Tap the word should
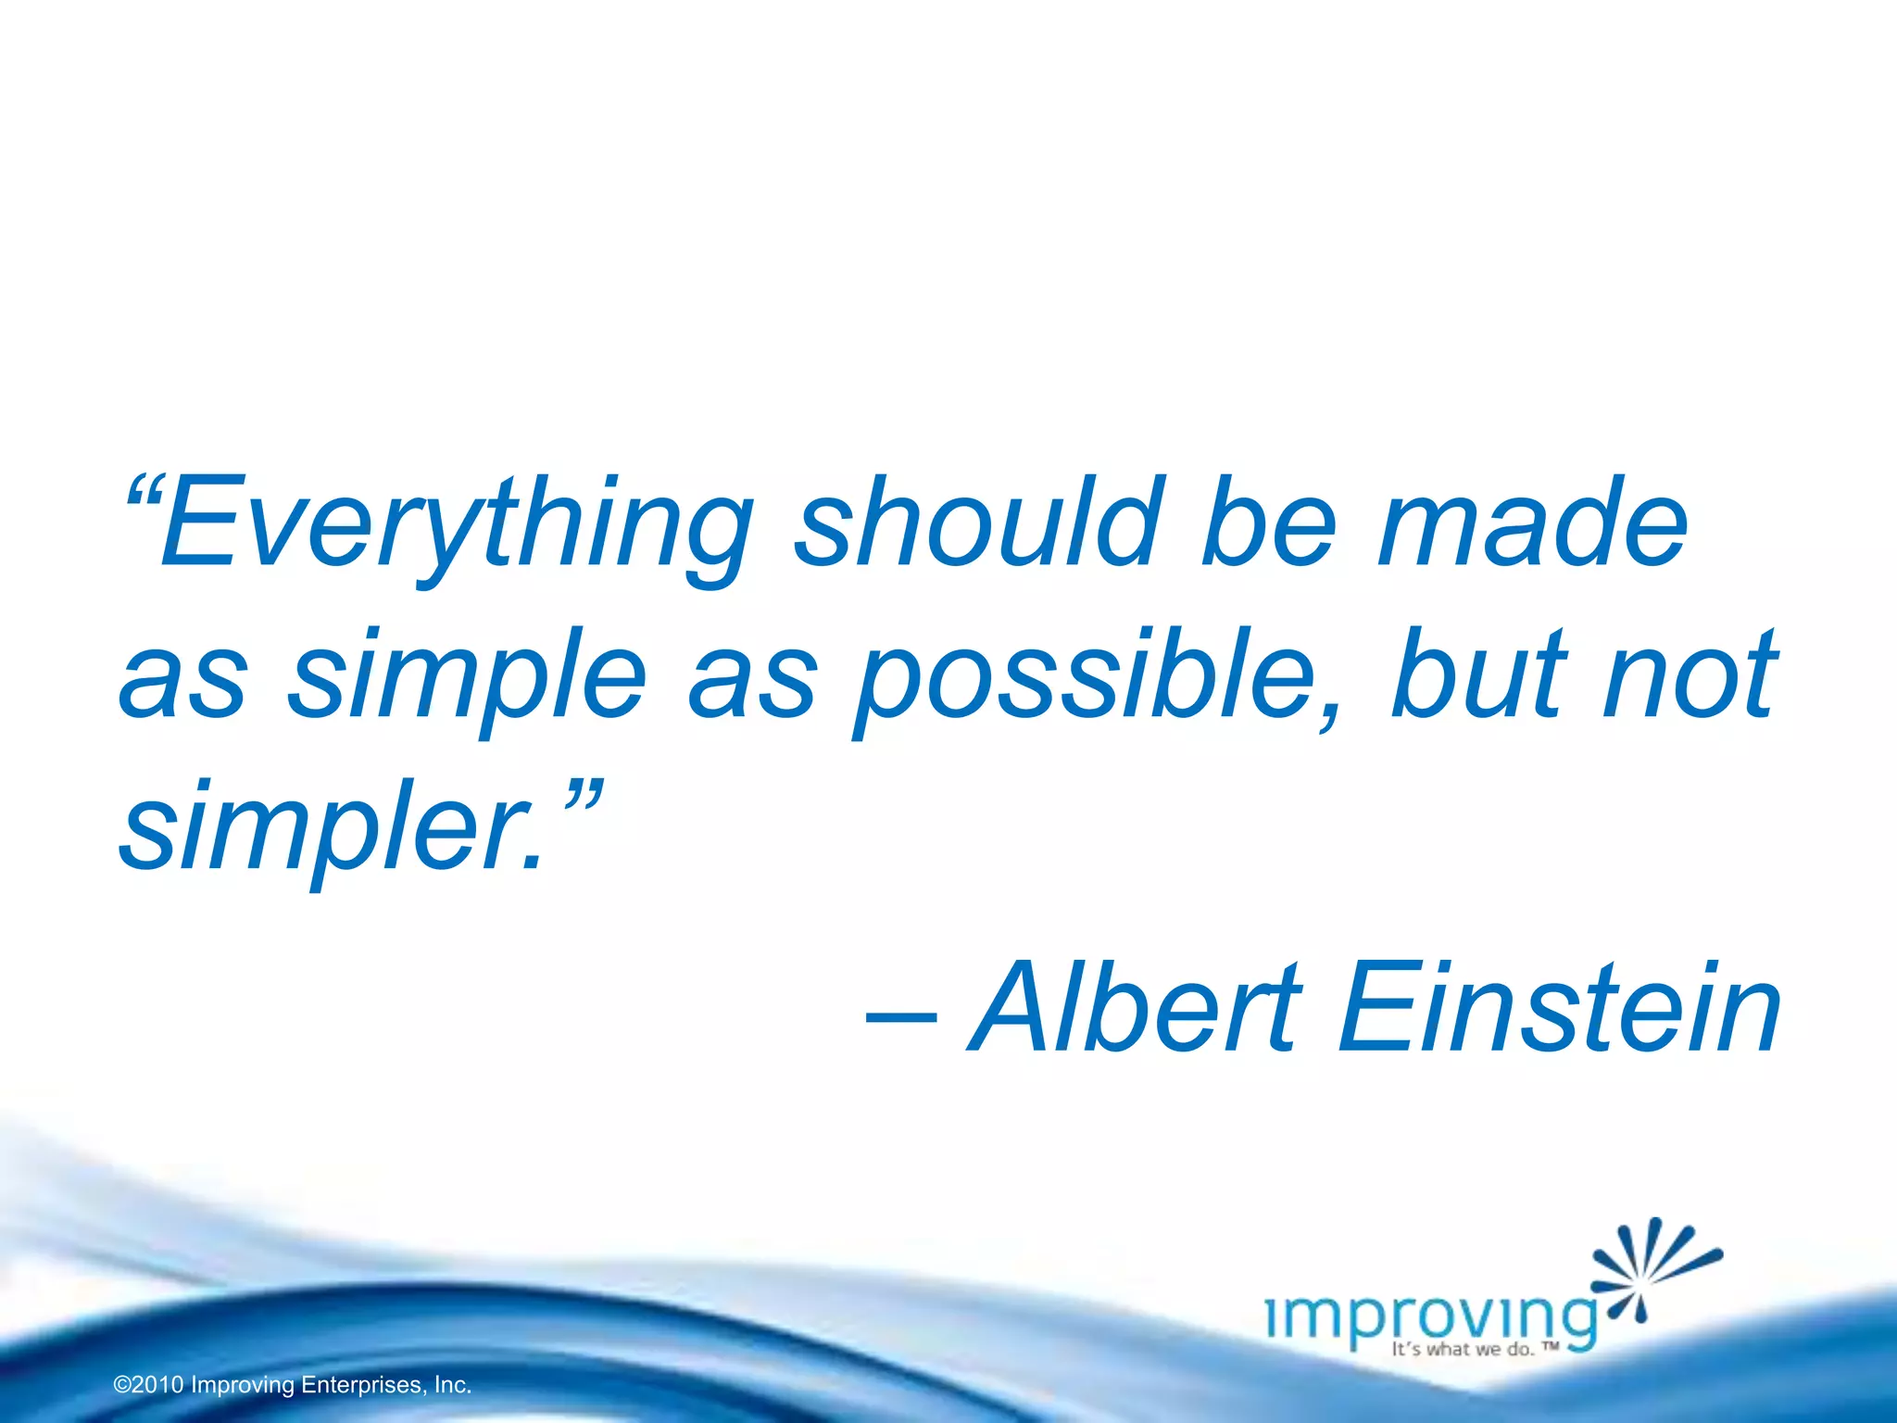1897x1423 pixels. [978, 524]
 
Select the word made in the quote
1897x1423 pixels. [1533, 524]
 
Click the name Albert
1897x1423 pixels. [1136, 1010]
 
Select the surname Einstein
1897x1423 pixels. [1560, 1010]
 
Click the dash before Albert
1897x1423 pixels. [900, 1018]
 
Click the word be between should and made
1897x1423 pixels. [1268, 524]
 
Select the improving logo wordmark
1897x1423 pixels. [1432, 1316]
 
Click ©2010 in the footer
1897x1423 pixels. [148, 1385]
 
